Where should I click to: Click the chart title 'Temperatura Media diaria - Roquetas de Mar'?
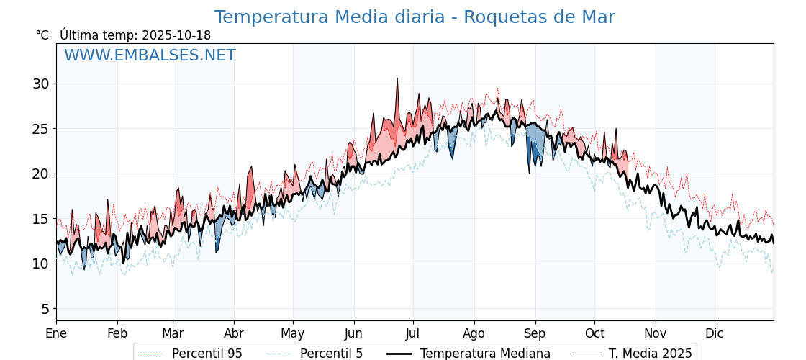coord(415,17)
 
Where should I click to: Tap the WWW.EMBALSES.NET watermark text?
coord(150,55)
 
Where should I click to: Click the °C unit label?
coord(42,35)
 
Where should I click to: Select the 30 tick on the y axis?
coord(40,84)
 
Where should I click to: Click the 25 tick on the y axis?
coord(40,129)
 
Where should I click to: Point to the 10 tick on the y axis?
coord(40,264)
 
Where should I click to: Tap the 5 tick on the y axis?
coord(45,309)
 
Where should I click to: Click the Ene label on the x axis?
coord(56,334)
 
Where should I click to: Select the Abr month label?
coord(234,334)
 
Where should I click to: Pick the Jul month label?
coord(413,334)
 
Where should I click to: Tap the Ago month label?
coord(474,334)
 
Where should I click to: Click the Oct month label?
coord(594,334)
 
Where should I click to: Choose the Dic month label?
coord(715,334)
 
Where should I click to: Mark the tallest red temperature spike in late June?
coord(397,80)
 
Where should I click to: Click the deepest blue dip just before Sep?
coord(529,172)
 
